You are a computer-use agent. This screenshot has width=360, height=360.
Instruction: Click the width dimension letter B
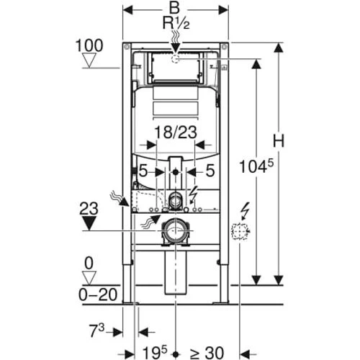click(174, 8)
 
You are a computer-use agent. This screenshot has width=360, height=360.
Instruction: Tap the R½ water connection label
click(176, 23)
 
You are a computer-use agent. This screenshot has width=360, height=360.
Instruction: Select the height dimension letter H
click(279, 140)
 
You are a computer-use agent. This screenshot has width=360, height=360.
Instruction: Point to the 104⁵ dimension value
click(256, 166)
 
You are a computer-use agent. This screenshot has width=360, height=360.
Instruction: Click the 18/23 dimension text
click(176, 132)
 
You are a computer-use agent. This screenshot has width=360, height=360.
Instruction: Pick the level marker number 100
click(89, 45)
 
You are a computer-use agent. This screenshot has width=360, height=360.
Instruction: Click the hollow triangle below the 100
click(89, 60)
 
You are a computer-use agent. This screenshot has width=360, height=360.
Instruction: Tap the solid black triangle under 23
click(89, 223)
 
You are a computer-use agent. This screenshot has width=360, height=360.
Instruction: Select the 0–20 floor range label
click(98, 294)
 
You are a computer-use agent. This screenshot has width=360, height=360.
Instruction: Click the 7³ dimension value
click(96, 330)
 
